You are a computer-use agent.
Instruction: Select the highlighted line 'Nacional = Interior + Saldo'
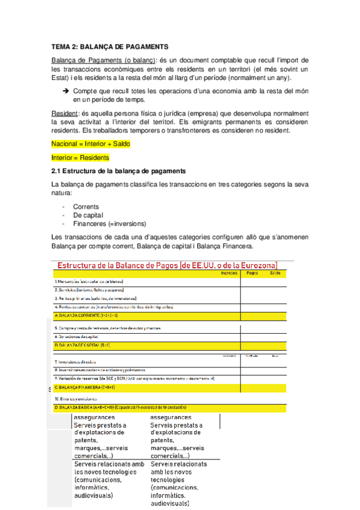pyautogui.click(x=91, y=144)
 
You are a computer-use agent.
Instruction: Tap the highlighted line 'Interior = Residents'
pyautogui.click(x=81, y=158)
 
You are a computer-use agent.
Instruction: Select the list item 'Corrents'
pyautogui.click(x=86, y=206)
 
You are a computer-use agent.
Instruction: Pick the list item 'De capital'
pyautogui.click(x=88, y=215)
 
